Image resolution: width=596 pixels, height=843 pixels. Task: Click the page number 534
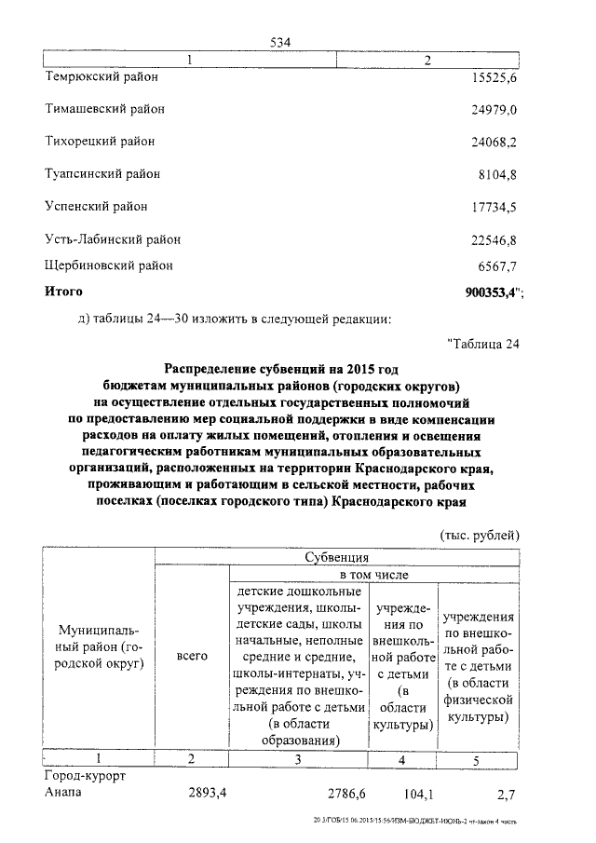coord(281,43)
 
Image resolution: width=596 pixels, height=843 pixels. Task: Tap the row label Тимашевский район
coord(105,109)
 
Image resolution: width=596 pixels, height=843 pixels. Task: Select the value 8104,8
coord(497,174)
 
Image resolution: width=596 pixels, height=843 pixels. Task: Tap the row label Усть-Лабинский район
coord(113,239)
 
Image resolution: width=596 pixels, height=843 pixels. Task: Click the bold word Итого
coord(64,292)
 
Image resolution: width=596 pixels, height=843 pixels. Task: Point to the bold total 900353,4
coord(491,292)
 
